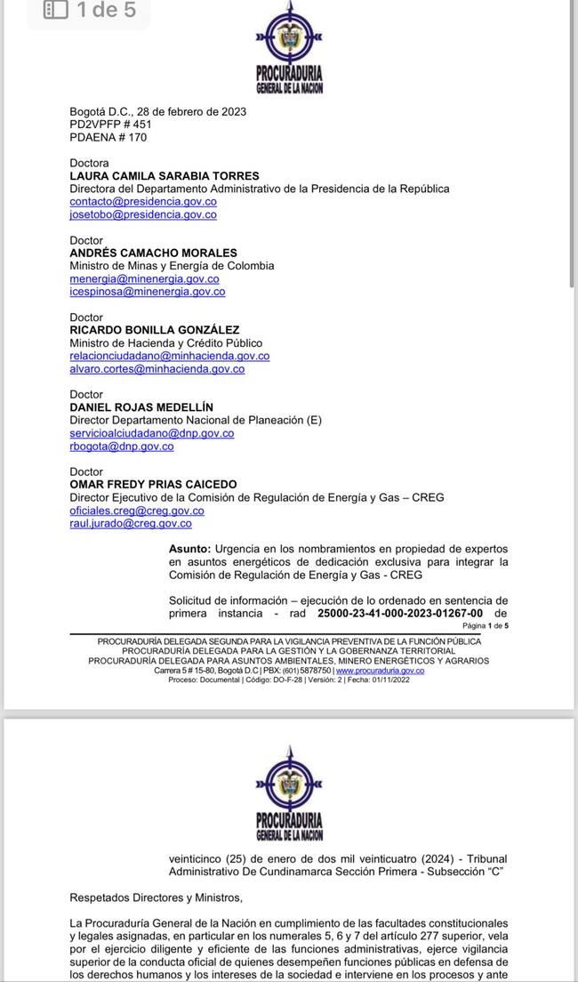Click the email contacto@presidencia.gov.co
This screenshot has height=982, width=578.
142,202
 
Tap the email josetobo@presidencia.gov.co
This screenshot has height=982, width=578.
142,214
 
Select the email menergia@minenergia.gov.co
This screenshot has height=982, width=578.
144,278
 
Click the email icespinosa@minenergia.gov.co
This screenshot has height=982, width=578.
147,292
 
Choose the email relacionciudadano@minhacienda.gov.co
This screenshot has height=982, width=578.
169,356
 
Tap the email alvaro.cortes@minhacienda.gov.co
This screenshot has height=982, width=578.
157,368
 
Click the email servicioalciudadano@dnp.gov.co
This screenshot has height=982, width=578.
151,433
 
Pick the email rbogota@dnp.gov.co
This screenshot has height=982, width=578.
121,447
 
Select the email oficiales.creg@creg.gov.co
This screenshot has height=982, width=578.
136,511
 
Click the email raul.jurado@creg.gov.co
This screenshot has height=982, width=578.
130,524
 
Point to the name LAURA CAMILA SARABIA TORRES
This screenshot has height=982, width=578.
165,176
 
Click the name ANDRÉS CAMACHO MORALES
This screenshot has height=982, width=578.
153,253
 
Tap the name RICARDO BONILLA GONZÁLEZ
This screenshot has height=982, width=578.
154,330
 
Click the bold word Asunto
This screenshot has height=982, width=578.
189,549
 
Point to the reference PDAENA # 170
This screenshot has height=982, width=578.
108,138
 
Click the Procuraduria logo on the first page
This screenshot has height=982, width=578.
289,50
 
